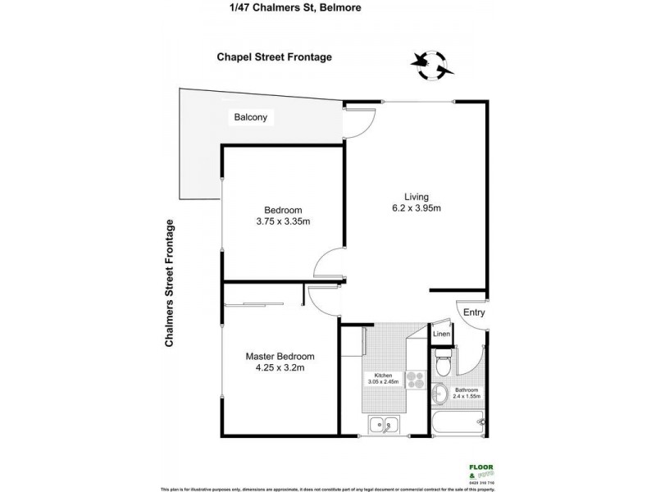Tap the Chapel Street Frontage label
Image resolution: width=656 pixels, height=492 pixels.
pyautogui.click(x=275, y=57)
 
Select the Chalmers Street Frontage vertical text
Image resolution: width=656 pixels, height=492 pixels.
pyautogui.click(x=171, y=284)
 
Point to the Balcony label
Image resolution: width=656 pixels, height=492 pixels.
pyautogui.click(x=251, y=117)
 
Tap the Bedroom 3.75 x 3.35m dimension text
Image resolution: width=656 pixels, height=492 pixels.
pyautogui.click(x=282, y=221)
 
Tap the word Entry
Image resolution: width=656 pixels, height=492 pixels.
pyautogui.click(x=474, y=312)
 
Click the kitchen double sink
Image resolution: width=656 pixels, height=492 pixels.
pyautogui.click(x=383, y=425)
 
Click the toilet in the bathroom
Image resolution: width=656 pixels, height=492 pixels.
pyautogui.click(x=443, y=361)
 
